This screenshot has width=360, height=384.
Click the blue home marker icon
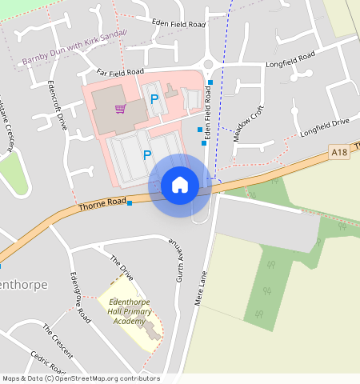pyautogui.click(x=180, y=185)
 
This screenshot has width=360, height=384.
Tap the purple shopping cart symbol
pyautogui.click(x=120, y=108)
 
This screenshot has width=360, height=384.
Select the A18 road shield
pyautogui.click(x=339, y=152)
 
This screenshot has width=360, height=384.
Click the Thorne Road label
pyautogui.click(x=103, y=205)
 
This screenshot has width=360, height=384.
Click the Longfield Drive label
pyautogui.click(x=325, y=126)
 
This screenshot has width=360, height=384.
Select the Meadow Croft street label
pyautogui.click(x=248, y=124)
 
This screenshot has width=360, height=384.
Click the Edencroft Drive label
pyautogui.click(x=57, y=105)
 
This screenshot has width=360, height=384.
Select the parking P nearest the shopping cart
pyautogui.click(x=154, y=99)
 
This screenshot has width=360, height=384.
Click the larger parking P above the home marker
pyautogui.click(x=147, y=154)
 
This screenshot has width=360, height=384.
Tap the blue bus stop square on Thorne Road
pyautogui.click(x=130, y=203)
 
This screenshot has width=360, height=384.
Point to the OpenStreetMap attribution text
pyautogui.click(x=81, y=378)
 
